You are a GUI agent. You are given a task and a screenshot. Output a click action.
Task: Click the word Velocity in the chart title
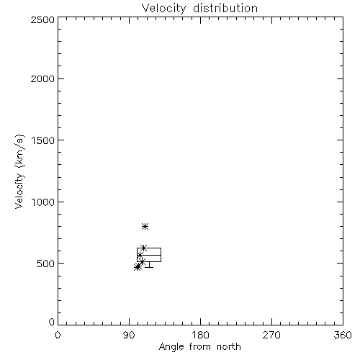[164, 9]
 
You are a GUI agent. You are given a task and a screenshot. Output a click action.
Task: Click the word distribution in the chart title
[225, 8]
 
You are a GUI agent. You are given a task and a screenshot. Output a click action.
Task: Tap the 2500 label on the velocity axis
[42, 19]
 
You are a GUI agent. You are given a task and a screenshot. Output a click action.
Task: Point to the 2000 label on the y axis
[42, 78]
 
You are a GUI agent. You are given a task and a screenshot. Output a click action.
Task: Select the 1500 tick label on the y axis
[43, 140]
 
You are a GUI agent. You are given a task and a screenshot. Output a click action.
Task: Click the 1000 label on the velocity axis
[43, 202]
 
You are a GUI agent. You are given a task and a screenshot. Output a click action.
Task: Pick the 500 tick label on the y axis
[46, 264]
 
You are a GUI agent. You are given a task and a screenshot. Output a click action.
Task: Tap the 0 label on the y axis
[52, 322]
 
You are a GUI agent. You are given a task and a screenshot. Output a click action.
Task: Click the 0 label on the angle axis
[58, 335]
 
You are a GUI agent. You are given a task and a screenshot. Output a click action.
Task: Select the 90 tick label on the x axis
[129, 335]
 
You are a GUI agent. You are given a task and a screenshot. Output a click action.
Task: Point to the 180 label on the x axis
[200, 335]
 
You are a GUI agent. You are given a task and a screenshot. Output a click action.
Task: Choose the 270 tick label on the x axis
[271, 335]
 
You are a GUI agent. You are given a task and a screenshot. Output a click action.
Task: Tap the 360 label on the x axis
[343, 335]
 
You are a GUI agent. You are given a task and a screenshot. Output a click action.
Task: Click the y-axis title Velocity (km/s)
[19, 171]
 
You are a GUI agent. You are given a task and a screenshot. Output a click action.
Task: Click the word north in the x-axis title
[229, 347]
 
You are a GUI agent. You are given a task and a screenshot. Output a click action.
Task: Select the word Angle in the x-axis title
[171, 347]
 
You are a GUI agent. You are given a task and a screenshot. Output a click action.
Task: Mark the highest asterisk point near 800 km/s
[145, 226]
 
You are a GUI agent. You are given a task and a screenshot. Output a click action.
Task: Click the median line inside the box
[149, 255]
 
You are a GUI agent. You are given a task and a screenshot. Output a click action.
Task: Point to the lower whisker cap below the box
[149, 267]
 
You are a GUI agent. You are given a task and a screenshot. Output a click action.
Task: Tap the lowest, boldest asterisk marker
[138, 266]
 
